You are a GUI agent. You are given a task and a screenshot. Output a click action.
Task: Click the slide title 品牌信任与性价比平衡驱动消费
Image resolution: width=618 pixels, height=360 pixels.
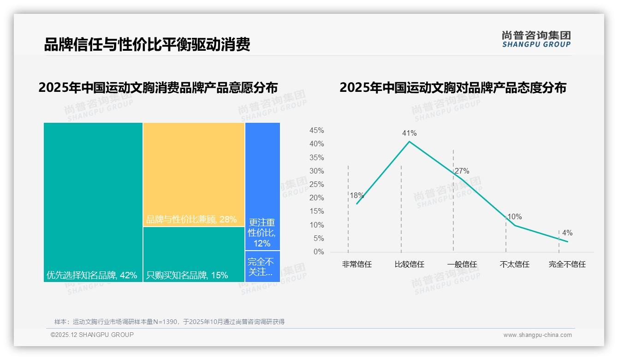point(147,45)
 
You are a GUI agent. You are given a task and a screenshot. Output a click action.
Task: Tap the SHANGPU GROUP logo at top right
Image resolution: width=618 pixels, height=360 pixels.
point(536,39)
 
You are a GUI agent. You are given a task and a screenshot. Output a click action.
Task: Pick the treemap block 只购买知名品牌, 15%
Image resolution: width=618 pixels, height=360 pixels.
point(194,254)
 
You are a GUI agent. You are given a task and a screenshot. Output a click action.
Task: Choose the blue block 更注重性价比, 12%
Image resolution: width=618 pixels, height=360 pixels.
point(262,186)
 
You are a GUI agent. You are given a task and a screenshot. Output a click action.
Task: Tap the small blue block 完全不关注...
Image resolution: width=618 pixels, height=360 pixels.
point(262,266)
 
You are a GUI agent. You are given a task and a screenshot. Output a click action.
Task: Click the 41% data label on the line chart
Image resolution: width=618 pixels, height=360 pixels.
point(409,133)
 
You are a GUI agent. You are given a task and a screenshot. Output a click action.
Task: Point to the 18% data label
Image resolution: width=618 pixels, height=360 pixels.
point(357,195)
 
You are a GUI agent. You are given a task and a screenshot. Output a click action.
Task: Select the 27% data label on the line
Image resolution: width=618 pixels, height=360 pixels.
point(462,171)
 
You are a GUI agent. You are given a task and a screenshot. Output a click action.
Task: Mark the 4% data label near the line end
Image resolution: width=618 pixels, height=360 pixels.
point(567,233)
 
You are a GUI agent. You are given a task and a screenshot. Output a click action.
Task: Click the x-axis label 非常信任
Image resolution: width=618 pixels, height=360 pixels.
point(357,264)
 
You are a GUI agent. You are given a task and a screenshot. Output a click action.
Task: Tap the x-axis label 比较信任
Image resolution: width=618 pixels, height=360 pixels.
point(409,264)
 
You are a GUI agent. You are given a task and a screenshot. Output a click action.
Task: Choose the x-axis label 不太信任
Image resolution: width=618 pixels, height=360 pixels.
point(514,264)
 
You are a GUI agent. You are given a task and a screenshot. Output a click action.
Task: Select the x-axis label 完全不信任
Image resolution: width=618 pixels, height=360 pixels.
point(567,264)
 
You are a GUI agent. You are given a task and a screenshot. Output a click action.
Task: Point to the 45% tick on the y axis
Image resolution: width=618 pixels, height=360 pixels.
point(316,131)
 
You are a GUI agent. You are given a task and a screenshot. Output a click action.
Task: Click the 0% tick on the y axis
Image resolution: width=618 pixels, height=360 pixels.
point(318,252)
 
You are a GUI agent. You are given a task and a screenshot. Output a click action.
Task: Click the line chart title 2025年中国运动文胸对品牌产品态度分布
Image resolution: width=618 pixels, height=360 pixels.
point(452,88)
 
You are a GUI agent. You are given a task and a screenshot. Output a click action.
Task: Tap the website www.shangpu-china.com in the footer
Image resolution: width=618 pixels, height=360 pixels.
point(537,335)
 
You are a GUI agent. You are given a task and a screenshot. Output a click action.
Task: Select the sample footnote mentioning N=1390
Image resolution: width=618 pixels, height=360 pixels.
point(169,322)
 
